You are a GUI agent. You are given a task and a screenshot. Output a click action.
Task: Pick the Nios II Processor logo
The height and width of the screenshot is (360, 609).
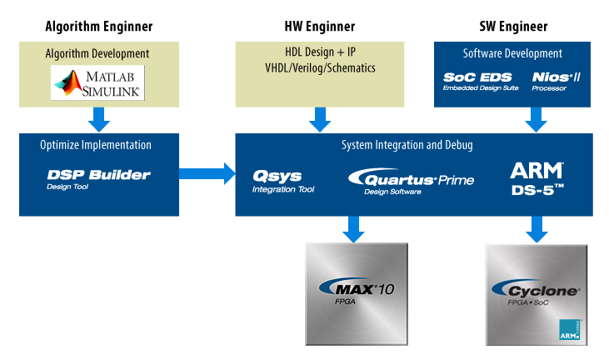tap(555, 81)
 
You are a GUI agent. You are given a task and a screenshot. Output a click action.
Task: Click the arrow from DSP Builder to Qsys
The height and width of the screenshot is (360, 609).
tap(208, 174)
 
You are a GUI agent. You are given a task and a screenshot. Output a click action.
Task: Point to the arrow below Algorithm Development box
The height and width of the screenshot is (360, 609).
tap(99, 120)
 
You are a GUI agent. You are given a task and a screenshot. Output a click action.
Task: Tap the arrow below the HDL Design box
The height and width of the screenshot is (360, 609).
tap(319, 120)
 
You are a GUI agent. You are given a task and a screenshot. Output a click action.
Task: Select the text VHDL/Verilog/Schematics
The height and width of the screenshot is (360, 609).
tap(319, 68)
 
